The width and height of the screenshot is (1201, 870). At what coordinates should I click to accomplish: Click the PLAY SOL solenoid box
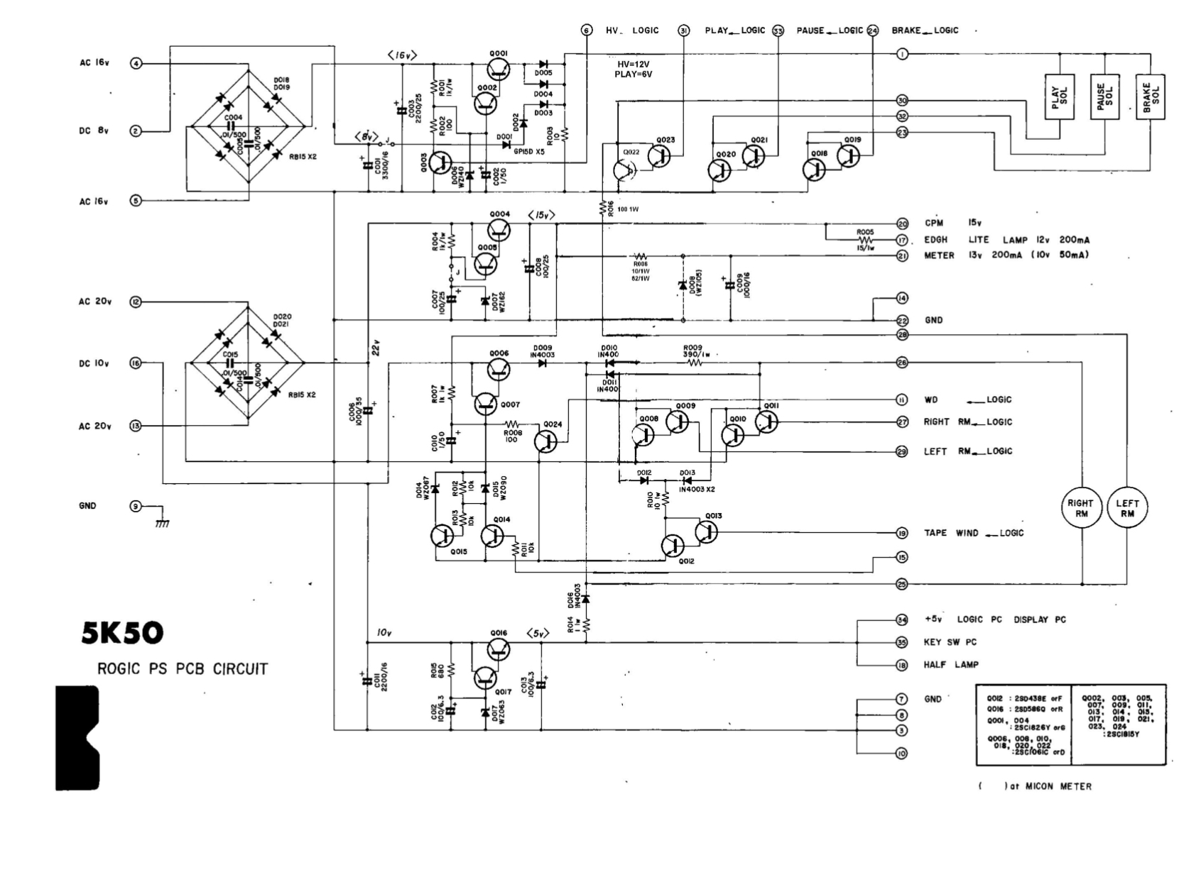[1059, 97]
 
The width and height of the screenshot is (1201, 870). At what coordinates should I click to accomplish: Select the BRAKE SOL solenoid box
[1150, 97]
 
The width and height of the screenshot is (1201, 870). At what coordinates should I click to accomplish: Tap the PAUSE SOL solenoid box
[1104, 97]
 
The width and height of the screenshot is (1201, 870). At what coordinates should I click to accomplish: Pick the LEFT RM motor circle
[1127, 508]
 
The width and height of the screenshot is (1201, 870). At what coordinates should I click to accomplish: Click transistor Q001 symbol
[499, 70]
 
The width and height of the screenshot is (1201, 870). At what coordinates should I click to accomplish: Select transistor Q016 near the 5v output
[499, 649]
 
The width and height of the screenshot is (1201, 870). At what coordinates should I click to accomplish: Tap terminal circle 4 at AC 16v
[136, 63]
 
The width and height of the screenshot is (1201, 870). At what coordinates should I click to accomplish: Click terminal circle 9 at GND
[136, 507]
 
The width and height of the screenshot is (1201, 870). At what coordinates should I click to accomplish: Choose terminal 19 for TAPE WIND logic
[902, 533]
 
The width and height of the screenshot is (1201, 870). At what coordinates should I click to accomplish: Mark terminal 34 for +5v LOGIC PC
[902, 620]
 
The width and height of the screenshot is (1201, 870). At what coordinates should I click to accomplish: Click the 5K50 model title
[122, 633]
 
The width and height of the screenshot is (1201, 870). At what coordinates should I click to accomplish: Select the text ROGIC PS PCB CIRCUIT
[183, 668]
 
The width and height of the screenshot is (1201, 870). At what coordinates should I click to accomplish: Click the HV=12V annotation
[634, 64]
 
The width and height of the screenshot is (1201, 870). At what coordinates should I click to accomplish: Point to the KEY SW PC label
[950, 642]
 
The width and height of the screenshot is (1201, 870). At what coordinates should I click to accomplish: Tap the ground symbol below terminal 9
[162, 522]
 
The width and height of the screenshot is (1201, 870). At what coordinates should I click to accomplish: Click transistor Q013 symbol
[707, 532]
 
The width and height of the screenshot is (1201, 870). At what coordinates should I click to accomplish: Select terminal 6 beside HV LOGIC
[586, 31]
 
